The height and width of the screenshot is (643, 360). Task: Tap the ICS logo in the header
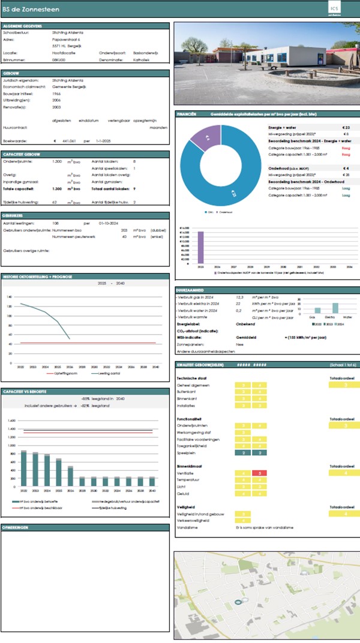click(334, 8)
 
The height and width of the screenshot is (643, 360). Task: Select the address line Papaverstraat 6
click(67, 40)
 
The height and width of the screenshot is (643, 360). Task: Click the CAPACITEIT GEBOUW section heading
click(22, 154)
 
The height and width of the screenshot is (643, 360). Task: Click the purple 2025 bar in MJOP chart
click(201, 247)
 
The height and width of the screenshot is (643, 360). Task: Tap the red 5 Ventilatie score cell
click(259, 473)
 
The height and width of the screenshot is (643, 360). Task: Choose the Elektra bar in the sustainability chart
click(335, 308)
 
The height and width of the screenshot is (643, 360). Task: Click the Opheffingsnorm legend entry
click(63, 373)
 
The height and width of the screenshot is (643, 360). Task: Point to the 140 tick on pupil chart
click(9, 297)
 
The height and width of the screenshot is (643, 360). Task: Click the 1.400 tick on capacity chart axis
click(11, 429)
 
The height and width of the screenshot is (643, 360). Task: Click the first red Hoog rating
click(346, 148)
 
